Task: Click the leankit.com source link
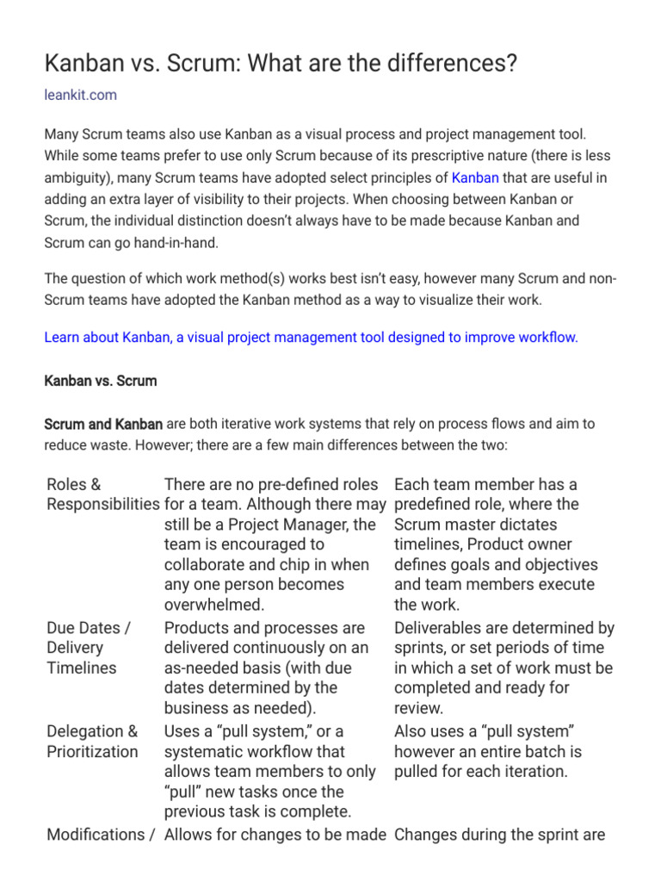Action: pos(80,95)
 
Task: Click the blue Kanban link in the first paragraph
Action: pos(475,177)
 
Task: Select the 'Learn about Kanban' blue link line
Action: pos(311,337)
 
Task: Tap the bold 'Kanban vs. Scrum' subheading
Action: pos(100,380)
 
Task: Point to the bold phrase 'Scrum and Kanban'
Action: pos(103,424)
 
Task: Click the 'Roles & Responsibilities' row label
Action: pos(102,494)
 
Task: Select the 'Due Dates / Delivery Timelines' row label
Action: pos(88,648)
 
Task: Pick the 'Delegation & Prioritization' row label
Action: pos(92,742)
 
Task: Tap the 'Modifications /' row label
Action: pos(101,834)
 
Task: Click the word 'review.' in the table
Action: pos(419,708)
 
